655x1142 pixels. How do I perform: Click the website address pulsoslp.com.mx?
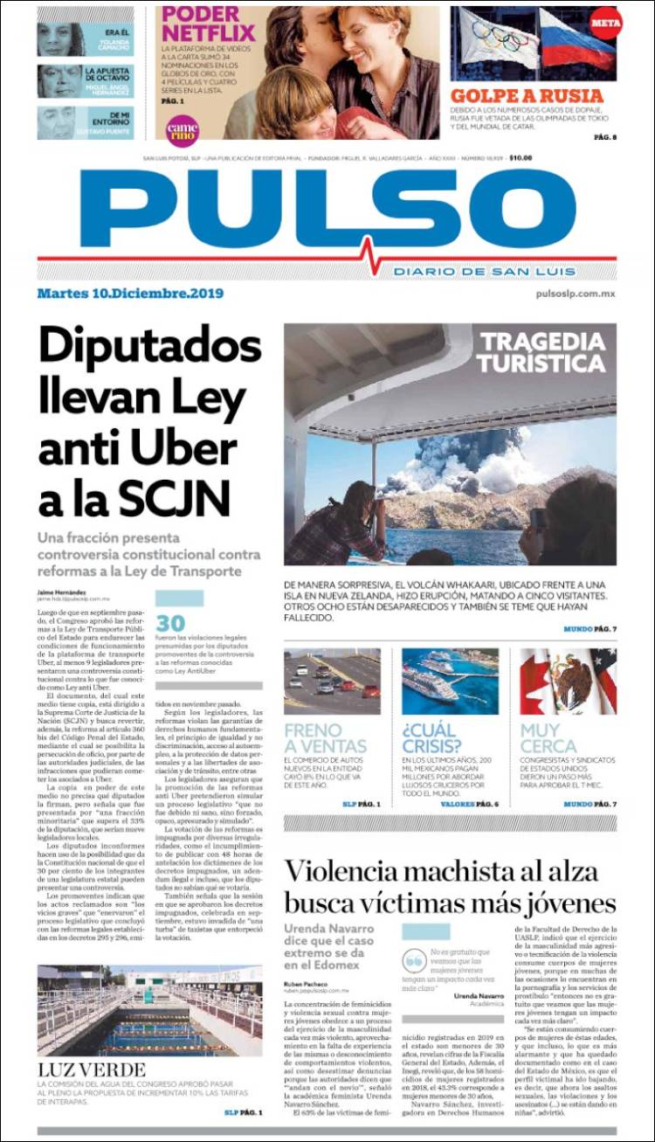[576, 294]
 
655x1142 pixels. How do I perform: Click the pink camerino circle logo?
[183, 130]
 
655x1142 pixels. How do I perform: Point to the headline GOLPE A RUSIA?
[527, 95]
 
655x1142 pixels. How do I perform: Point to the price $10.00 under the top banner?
[521, 158]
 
